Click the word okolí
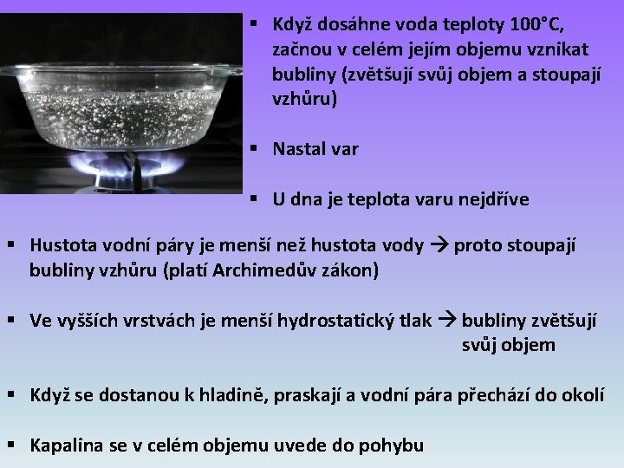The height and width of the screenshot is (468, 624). point(580,396)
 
